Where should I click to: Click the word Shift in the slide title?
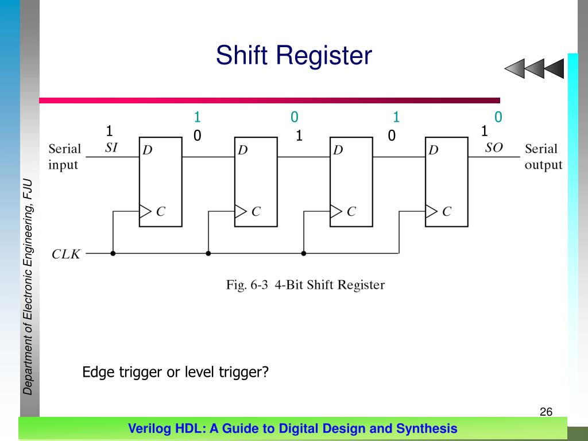tap(242, 56)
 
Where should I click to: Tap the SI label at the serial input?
tap(111, 148)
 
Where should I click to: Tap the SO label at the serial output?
tap(493, 148)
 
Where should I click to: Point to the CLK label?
tap(66, 253)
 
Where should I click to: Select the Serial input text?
tap(64, 157)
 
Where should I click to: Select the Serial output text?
tap(543, 157)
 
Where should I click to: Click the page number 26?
tap(546, 412)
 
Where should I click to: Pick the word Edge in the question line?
tap(98, 372)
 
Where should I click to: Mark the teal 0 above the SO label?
tap(498, 118)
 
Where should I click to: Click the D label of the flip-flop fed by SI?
tap(148, 150)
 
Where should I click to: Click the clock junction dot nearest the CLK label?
tap(113, 253)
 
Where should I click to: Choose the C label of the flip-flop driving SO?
tap(446, 212)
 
